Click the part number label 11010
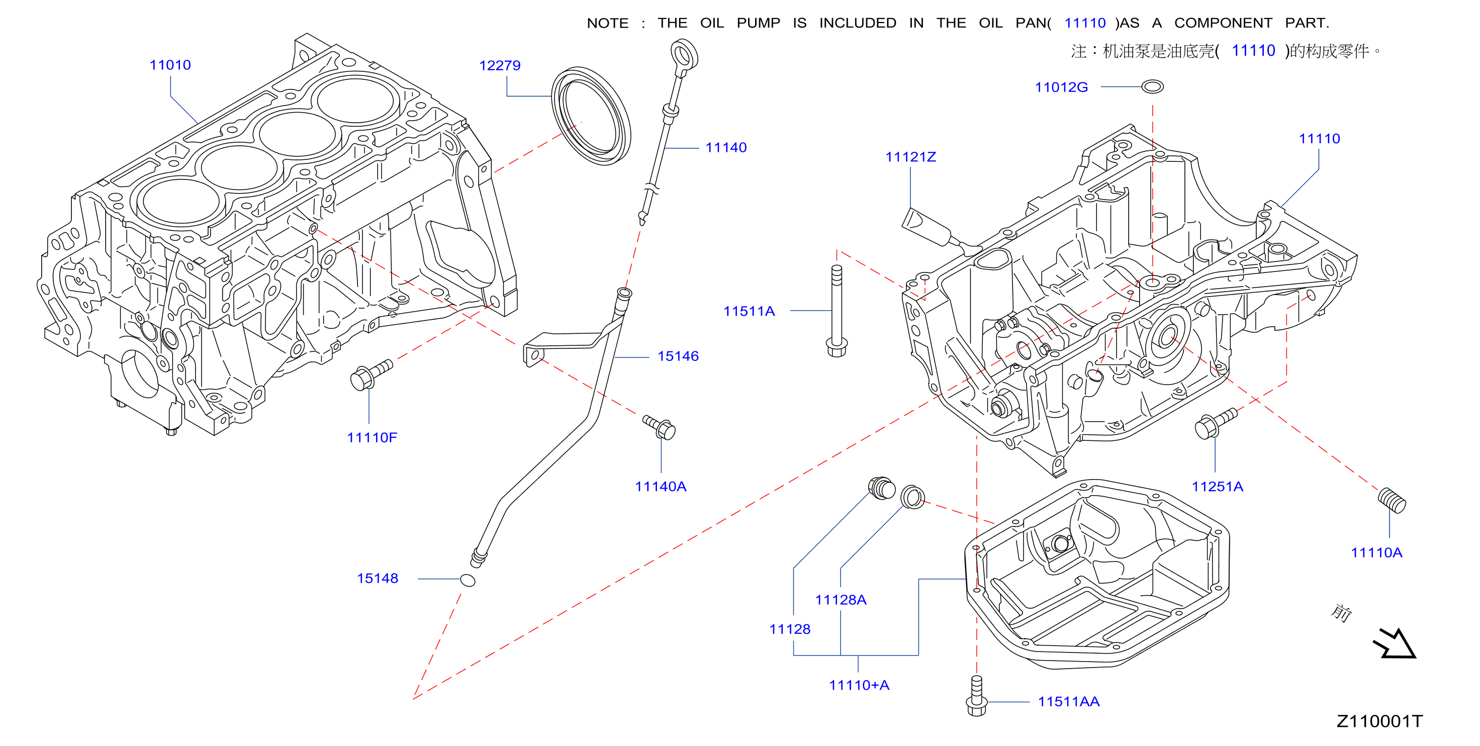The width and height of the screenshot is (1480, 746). coord(170,65)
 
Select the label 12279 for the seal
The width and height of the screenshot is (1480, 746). coord(499,65)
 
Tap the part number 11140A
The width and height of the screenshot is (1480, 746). coord(660,486)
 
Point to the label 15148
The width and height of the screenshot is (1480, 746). coord(377,578)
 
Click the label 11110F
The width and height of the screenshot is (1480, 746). coord(372,437)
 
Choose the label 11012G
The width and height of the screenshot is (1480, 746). coord(1061,87)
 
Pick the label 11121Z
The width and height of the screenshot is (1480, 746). coord(910,157)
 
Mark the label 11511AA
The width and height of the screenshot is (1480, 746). coord(1068,701)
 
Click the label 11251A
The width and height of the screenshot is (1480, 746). coord(1217,486)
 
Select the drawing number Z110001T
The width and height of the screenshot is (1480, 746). coord(1379,721)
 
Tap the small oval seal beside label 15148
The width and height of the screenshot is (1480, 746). coord(468,580)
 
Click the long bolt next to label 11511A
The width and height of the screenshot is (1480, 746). coord(837,310)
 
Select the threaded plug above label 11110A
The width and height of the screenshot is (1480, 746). coord(1392,500)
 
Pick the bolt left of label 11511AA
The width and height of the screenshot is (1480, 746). coord(976,696)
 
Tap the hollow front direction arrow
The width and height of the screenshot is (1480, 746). coord(1396,643)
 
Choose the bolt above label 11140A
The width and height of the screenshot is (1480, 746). coord(659,427)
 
